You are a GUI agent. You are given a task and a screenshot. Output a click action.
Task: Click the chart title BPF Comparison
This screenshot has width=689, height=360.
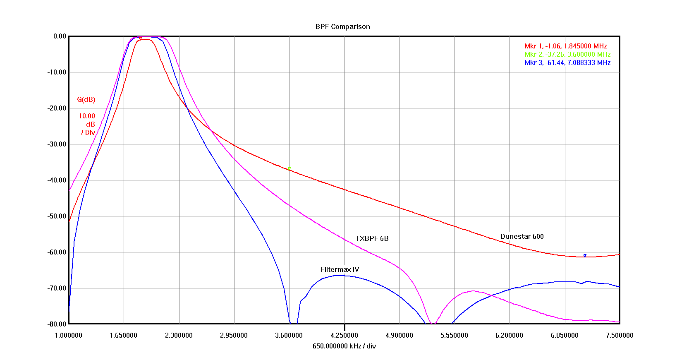pyautogui.click(x=342, y=26)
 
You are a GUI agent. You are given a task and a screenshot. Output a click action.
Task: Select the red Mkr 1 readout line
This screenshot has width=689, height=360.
pyautogui.click(x=565, y=46)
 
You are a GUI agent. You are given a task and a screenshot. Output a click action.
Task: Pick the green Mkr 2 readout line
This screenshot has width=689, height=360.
pyautogui.click(x=567, y=54)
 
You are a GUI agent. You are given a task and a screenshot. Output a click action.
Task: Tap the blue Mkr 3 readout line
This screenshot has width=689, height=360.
pyautogui.click(x=567, y=62)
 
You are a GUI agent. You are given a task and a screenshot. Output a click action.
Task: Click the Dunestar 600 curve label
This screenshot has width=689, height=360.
pyautogui.click(x=522, y=236)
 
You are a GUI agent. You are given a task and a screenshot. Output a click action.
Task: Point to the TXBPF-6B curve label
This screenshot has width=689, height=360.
pyautogui.click(x=372, y=238)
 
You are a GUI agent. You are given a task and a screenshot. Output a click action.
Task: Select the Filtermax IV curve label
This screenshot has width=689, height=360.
pyautogui.click(x=340, y=269)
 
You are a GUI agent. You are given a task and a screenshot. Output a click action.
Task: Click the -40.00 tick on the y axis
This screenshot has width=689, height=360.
pyautogui.click(x=56, y=180)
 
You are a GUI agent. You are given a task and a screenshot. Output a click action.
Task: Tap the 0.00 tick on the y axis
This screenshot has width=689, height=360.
pyautogui.click(x=60, y=36)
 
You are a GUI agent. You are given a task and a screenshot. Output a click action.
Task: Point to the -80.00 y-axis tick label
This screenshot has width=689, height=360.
pyautogui.click(x=56, y=324)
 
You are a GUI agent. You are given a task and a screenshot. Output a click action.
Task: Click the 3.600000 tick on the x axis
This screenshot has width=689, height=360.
pyautogui.click(x=289, y=335)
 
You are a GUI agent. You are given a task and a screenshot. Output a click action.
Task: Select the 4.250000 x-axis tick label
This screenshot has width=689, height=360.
pyautogui.click(x=344, y=335)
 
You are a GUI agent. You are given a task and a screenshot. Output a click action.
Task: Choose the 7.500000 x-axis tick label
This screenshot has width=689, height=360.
pyautogui.click(x=620, y=335)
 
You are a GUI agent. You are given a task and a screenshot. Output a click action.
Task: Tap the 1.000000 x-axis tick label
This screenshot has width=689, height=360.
pyautogui.click(x=69, y=335)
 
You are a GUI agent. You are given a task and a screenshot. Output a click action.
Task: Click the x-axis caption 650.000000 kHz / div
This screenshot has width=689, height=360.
pyautogui.click(x=344, y=346)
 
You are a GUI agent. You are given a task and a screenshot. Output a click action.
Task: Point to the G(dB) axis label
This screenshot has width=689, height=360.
pyautogui.click(x=86, y=99)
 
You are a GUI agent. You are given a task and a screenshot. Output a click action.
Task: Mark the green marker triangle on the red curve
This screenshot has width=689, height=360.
pyautogui.click(x=289, y=168)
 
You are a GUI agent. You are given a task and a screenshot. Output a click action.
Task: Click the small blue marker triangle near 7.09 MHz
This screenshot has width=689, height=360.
pyautogui.click(x=585, y=255)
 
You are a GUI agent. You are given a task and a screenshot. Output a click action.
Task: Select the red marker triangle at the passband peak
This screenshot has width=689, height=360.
pyautogui.click(x=140, y=38)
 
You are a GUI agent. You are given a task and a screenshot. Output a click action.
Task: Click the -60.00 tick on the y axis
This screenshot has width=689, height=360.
pyautogui.click(x=56, y=252)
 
